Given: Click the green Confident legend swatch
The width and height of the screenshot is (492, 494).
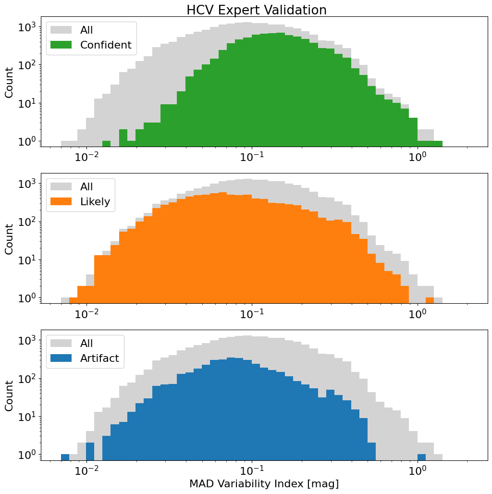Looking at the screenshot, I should point(61,45).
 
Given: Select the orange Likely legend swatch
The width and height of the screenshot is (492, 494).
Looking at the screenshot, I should point(61,202).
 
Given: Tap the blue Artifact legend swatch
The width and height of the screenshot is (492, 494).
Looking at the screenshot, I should point(61,358).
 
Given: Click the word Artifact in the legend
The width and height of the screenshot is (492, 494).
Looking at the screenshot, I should point(99,358).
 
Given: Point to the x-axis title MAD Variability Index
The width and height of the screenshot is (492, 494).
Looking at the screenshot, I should point(264,483).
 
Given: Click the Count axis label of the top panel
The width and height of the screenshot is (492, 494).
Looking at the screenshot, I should point(9,82).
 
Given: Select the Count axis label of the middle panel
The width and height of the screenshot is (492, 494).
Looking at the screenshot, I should point(9,239).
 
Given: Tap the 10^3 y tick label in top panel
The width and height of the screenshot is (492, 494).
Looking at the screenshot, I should point(26,27).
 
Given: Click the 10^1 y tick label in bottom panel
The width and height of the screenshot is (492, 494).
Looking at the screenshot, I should point(26,416).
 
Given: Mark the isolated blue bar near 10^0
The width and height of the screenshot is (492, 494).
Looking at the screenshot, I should point(421,457).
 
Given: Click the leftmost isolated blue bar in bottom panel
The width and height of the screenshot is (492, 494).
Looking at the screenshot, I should point(65,457).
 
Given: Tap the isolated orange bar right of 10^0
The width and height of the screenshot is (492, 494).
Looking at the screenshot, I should point(430,300).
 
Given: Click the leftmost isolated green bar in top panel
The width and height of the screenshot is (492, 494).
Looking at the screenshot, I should point(106,144).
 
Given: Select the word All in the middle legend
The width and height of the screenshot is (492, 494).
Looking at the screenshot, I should point(87,186).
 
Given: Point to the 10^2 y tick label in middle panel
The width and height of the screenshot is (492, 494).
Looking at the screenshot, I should point(26,222).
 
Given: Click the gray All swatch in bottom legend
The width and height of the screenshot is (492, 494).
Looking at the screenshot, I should point(61,343).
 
